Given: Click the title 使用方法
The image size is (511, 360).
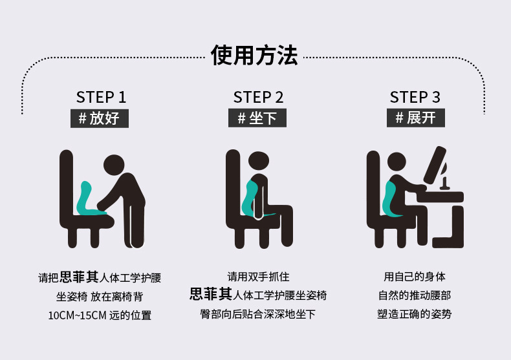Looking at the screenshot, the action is [254, 56].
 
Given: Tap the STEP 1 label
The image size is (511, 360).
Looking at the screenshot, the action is [101, 98].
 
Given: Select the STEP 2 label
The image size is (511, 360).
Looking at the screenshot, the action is [258, 98].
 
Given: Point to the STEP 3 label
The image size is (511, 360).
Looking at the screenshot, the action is [415, 98].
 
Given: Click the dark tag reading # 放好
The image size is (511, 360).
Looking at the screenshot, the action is [100, 118].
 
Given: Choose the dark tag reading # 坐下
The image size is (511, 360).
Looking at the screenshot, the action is [257, 118].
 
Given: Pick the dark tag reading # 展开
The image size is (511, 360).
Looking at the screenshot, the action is [415, 118].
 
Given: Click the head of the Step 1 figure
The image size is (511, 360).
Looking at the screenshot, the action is [114, 165].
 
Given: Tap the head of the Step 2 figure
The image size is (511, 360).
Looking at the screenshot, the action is [259, 162].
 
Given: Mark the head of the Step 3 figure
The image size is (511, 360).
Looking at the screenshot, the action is [397, 162].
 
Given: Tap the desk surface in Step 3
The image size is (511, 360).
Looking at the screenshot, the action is [440, 196].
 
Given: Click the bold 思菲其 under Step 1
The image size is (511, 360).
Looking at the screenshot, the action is [79, 277].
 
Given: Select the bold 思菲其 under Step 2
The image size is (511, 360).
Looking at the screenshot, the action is [211, 294].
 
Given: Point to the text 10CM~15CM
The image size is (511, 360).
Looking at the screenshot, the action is [77, 315].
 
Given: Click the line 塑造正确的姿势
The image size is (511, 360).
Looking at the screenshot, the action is [414, 314].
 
